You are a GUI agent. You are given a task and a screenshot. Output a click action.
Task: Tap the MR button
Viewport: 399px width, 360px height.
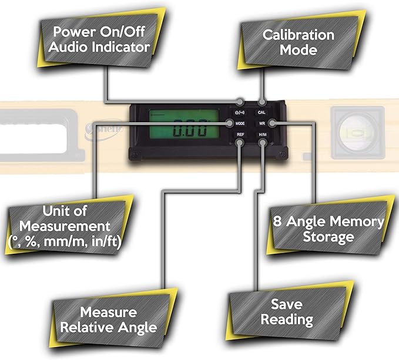[262, 124]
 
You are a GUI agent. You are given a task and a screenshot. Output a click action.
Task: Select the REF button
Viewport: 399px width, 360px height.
[240, 135]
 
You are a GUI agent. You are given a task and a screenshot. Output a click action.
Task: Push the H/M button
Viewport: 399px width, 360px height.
[262, 135]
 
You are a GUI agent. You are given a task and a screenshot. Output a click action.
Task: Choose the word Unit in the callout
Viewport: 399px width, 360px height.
[57, 211]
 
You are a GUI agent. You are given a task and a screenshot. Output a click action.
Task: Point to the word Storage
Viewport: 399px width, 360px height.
[328, 237]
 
